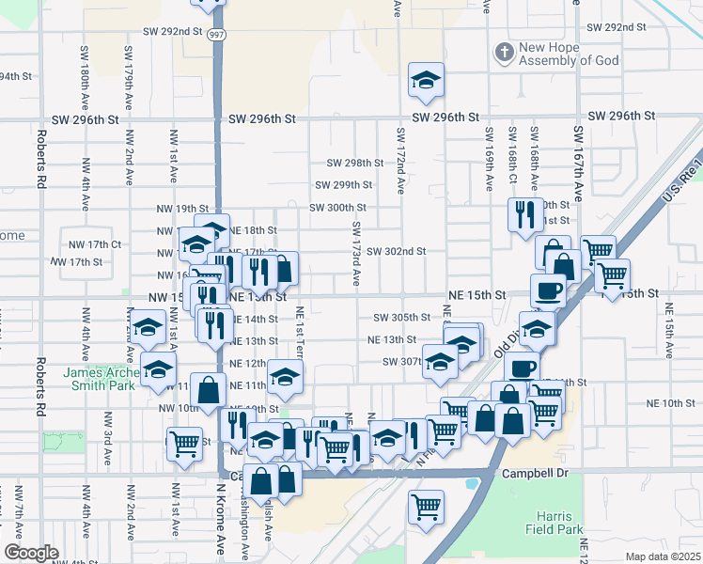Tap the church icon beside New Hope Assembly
pyautogui.click(x=504, y=52)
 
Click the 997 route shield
pyautogui.click(x=217, y=34)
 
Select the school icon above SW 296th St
pyautogui.click(x=426, y=82)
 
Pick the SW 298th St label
pyautogui.click(x=355, y=163)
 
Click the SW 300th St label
pyautogui.click(x=337, y=208)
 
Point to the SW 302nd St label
pyautogui.click(x=397, y=251)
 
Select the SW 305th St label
pyautogui.click(x=401, y=318)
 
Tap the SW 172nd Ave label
pyautogui.click(x=400, y=161)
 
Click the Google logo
pyautogui.click(x=30, y=553)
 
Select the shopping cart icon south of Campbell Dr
pyautogui.click(x=426, y=508)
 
